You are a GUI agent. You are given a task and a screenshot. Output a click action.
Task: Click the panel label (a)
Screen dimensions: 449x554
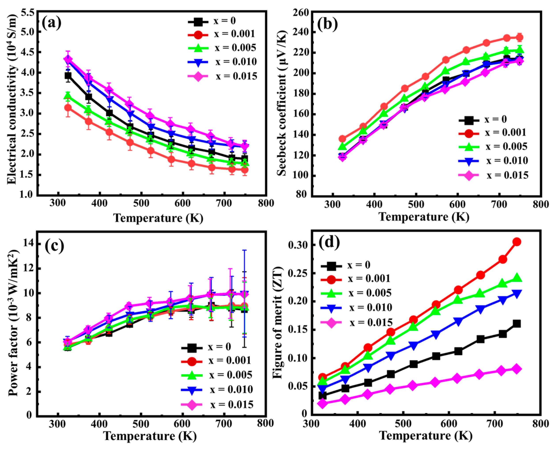coord(52,23)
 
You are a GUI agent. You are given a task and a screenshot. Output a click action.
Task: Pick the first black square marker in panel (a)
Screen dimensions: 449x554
coord(68,76)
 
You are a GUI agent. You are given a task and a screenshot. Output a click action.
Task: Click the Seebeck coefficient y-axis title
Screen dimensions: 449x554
coord(282,103)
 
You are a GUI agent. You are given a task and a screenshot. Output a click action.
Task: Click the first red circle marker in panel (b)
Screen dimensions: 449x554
coord(342,139)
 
